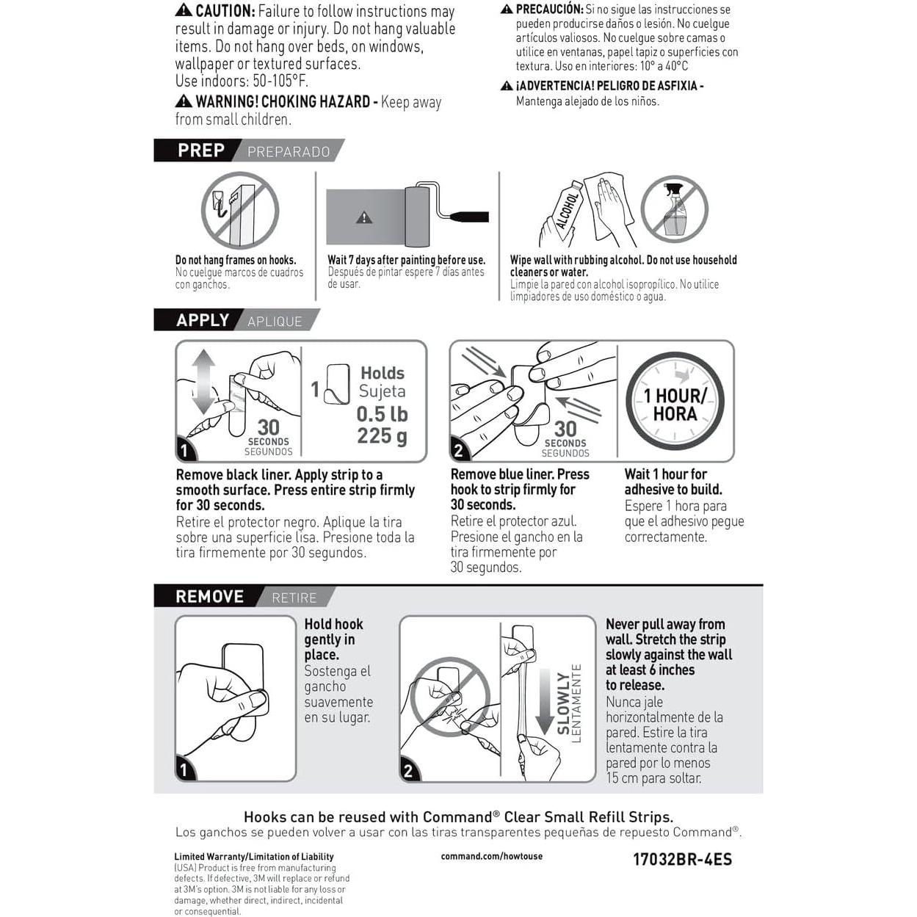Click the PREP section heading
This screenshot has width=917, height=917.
tap(201, 151)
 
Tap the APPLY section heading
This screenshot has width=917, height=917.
tap(203, 320)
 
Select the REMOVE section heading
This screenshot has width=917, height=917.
tap(209, 597)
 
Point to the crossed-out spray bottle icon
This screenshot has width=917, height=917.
tap(674, 209)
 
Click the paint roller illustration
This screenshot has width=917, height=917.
tap(446, 214)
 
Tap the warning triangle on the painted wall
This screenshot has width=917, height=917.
tap(364, 217)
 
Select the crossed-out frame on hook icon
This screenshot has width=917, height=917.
tap(240, 210)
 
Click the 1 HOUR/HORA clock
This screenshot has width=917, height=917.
tap(675, 401)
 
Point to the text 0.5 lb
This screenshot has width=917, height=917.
tap(382, 414)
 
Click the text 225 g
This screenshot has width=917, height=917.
tap(382, 436)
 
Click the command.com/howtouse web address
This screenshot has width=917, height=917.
tap(492, 856)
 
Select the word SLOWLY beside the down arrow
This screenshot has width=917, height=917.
tap(563, 703)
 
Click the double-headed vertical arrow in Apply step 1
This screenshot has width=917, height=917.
tap(203, 382)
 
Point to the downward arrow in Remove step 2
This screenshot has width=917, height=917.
tap(546, 702)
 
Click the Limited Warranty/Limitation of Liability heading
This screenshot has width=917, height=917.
tap(254, 857)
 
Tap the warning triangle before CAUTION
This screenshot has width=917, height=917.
tap(184, 10)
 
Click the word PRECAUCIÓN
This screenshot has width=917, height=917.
tap(550, 9)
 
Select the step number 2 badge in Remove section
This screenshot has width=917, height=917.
tap(408, 771)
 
